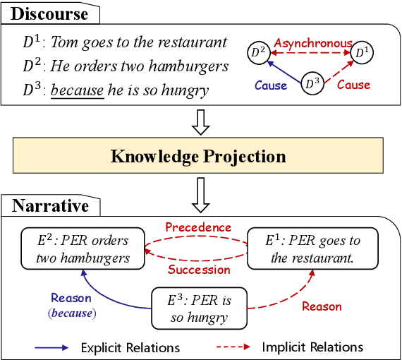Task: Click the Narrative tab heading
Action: tap(51, 206)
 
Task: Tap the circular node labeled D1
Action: tap(360, 52)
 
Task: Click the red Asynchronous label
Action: tap(312, 43)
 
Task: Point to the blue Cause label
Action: tap(270, 85)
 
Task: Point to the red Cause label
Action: tap(353, 85)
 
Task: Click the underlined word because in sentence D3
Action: tap(77, 90)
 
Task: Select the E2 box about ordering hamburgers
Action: tap(83, 249)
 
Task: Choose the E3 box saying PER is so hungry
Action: tap(201, 308)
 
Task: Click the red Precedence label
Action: tap(197, 227)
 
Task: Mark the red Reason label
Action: tap(322, 306)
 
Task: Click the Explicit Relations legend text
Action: tap(130, 347)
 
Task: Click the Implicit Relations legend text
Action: tap(312, 347)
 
